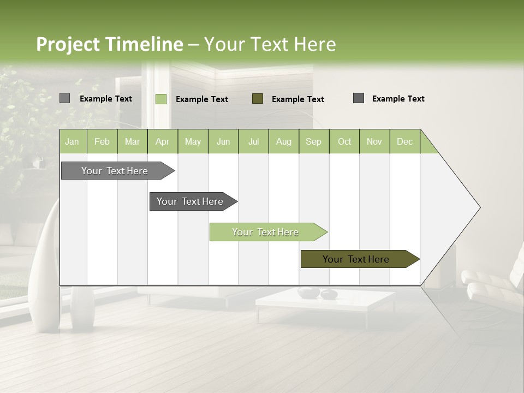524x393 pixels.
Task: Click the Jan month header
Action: coord(72,141)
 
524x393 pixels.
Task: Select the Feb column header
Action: coord(102,141)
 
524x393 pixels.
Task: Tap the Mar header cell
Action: coord(132,141)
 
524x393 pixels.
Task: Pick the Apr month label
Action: coord(163,141)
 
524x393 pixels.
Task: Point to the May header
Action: coord(193,141)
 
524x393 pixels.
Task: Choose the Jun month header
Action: coord(223,141)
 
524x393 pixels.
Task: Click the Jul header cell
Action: coord(253,141)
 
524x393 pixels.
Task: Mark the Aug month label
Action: coord(284,141)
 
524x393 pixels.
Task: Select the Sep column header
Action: coord(314,141)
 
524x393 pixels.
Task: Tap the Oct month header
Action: coord(344,141)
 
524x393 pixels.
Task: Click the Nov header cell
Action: coord(374,141)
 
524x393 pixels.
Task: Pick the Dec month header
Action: coord(404,141)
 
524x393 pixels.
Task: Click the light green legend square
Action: coord(161,99)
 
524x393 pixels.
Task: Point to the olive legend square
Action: coord(258,98)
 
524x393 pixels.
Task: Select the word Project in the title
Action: coord(68,44)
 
